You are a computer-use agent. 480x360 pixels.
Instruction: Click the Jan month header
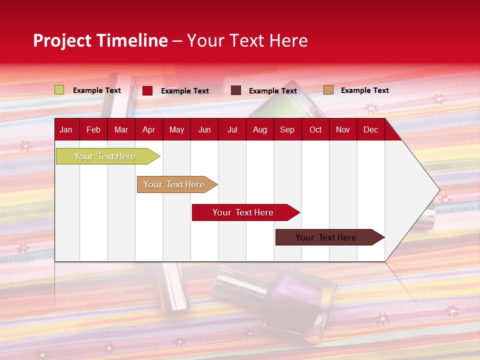point(66,129)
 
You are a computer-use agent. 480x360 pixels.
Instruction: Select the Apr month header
point(148,129)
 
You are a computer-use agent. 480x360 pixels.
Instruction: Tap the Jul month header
point(232,129)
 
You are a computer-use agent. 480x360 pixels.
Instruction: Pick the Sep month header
point(287,129)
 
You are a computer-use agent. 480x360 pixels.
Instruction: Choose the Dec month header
point(370,129)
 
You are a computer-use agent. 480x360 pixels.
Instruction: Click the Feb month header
point(93,129)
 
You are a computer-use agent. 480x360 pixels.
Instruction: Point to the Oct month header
point(315,129)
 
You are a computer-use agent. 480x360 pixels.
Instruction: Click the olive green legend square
point(59,90)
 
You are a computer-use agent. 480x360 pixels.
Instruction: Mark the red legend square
point(147,90)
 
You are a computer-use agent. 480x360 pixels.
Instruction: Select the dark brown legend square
point(236,90)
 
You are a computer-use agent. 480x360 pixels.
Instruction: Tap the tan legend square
point(328,90)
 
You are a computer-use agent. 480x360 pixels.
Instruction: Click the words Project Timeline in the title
point(100,40)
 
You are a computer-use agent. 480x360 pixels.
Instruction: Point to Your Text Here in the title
point(247,40)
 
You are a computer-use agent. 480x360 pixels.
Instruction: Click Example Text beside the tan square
point(364,90)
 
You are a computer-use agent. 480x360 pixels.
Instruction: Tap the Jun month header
point(204,129)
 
